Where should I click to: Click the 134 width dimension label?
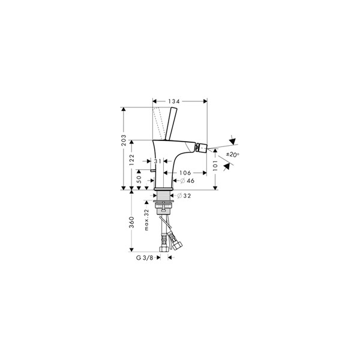coord(174,101)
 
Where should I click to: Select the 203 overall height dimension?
coord(124,140)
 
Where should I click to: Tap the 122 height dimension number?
coord(131,160)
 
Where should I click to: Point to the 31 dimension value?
coord(158,161)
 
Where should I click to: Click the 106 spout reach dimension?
coord(185,173)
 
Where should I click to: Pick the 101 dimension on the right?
coord(215,166)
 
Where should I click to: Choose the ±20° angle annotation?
coord(233,155)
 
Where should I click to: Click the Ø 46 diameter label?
coord(187,181)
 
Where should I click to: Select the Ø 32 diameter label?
coord(184,196)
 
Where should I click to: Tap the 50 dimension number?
coord(139,179)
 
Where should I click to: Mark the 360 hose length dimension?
coord(131,222)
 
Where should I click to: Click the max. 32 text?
coord(146,220)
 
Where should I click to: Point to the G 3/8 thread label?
coord(145,257)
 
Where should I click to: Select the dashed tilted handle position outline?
coord(158,123)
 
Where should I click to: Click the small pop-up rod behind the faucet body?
coord(152,170)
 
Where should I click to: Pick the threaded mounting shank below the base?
coord(163,196)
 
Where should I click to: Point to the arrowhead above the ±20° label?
coord(233,140)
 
